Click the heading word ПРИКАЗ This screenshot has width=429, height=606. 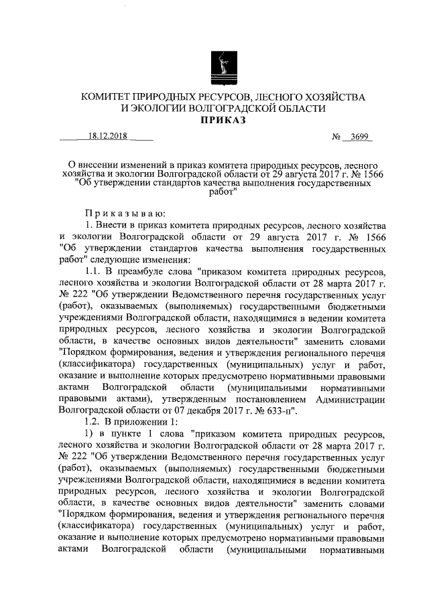coord(223,121)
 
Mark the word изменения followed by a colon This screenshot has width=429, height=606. coord(181,259)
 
